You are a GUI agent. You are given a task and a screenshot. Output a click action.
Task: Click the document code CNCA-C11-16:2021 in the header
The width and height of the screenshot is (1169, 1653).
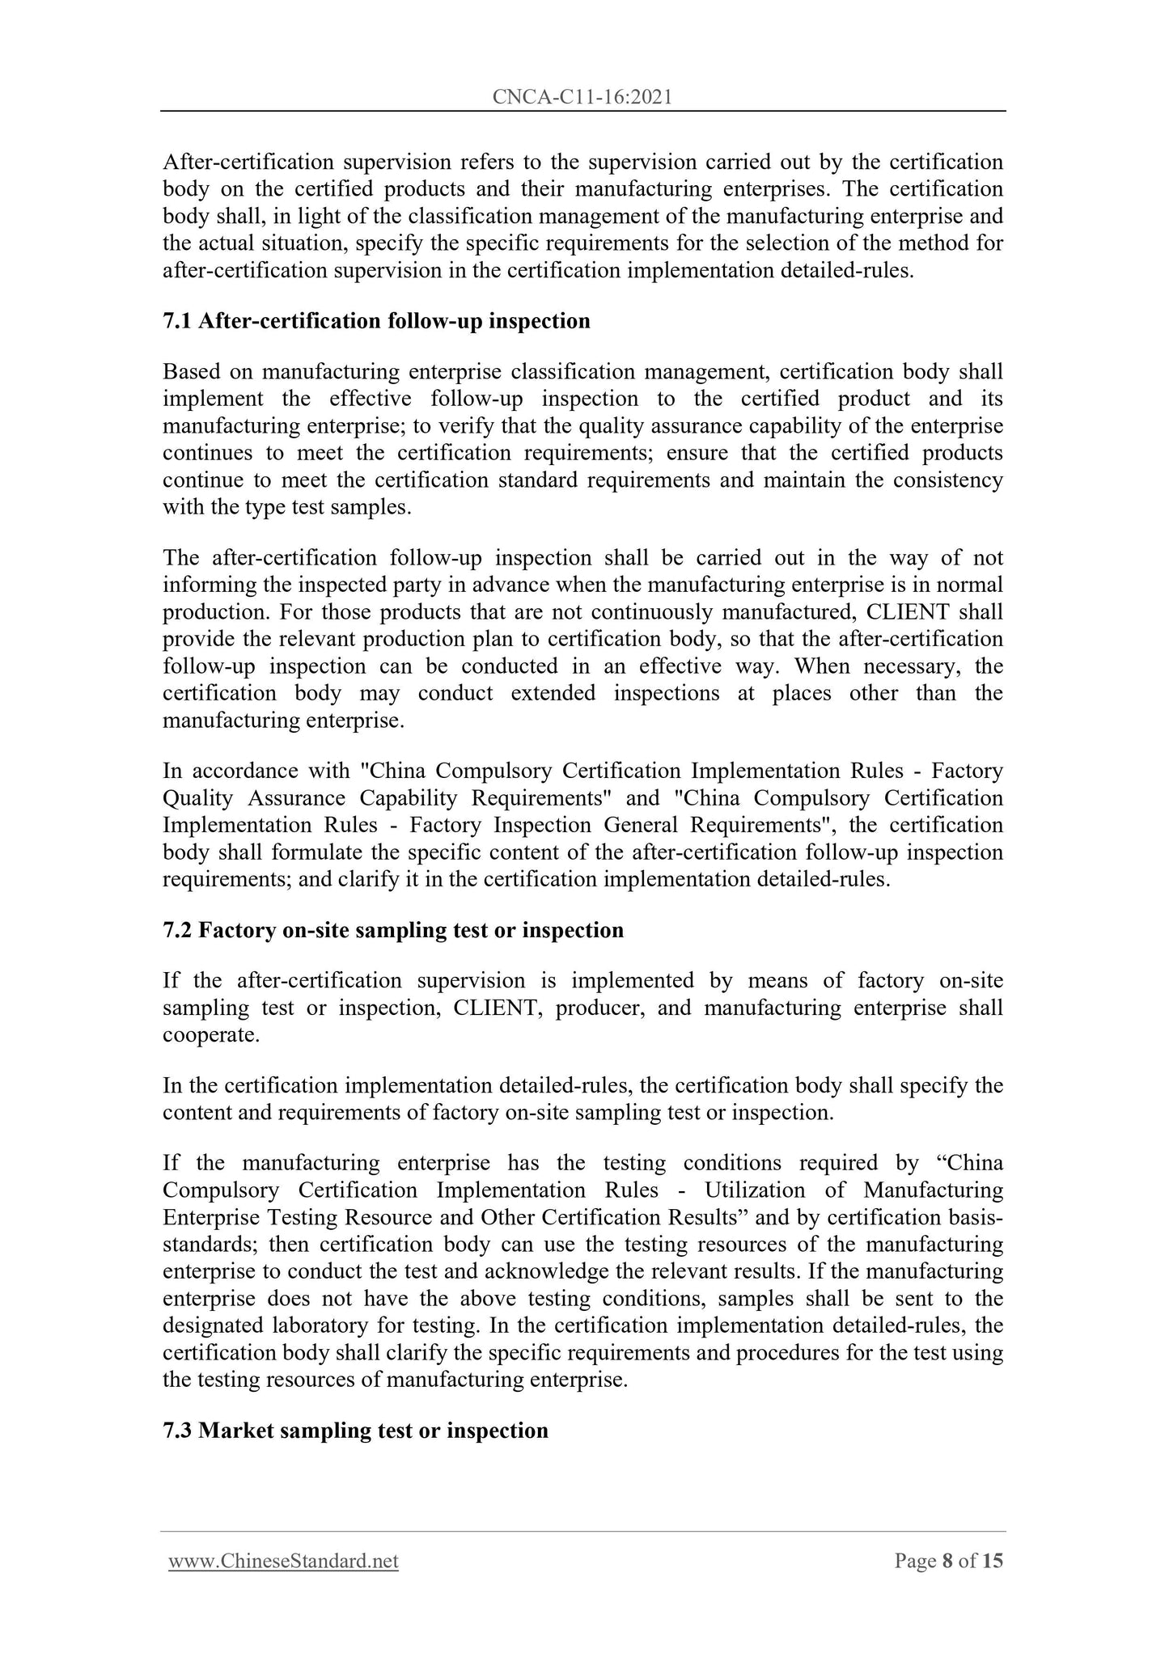(x=582, y=98)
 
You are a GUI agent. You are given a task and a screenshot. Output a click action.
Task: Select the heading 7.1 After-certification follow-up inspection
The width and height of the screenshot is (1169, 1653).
(x=376, y=321)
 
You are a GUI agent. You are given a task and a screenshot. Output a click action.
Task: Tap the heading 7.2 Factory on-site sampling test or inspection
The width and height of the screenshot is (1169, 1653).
(x=393, y=930)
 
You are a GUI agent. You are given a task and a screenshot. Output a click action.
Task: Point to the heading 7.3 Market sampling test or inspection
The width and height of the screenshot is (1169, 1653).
(x=355, y=1430)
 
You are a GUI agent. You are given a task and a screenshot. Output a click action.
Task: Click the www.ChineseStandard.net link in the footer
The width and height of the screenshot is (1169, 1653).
(x=283, y=1561)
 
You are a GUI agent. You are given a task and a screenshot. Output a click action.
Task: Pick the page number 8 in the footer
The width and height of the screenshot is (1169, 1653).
(x=947, y=1561)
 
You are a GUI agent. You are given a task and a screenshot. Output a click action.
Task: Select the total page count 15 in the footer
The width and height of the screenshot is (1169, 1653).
(x=992, y=1561)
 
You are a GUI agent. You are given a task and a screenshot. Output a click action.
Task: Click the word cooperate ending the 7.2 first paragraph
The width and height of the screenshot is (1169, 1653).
(x=211, y=1035)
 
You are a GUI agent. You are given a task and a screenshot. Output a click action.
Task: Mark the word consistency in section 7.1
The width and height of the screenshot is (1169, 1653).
(x=947, y=480)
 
